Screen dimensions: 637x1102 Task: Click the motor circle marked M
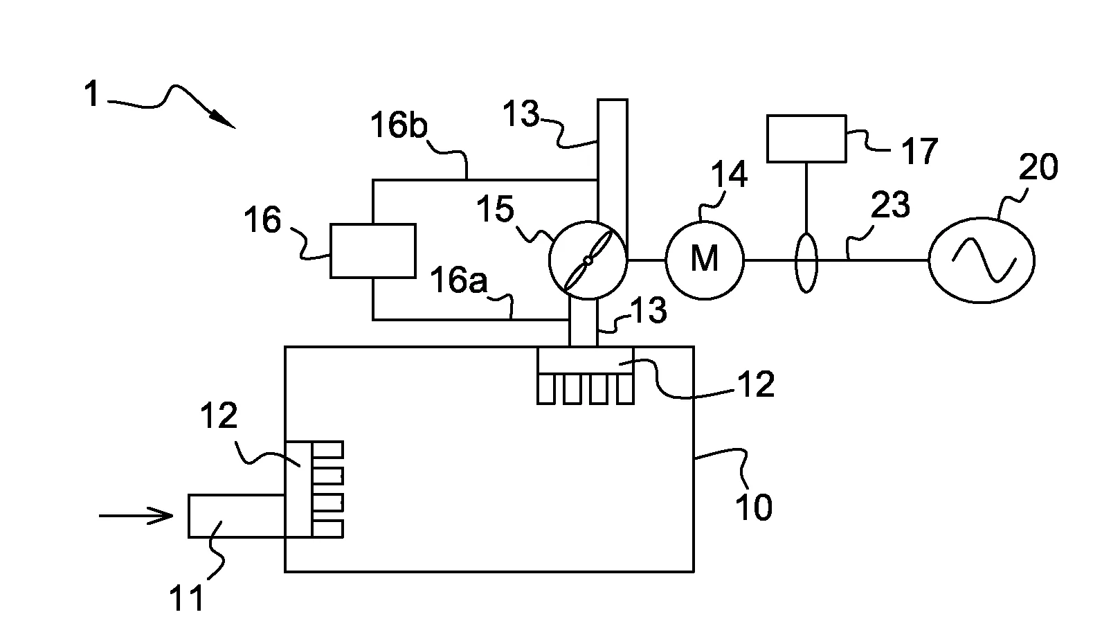pos(705,260)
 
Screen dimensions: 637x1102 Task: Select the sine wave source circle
pos(981,260)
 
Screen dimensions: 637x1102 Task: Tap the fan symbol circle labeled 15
pos(588,260)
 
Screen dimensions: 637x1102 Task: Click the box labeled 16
pos(372,251)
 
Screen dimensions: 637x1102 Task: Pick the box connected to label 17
pos(806,138)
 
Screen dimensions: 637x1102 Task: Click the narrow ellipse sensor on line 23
pos(806,263)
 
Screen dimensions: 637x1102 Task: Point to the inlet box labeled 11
pos(235,516)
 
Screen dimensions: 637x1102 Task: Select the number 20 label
pos(1038,168)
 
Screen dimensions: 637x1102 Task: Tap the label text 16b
pos(399,127)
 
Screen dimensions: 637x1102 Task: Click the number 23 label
pos(890,206)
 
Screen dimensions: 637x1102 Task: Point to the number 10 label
pos(753,508)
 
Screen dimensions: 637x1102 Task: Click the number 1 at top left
pos(92,95)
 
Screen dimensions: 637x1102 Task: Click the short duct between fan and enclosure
pos(582,323)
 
